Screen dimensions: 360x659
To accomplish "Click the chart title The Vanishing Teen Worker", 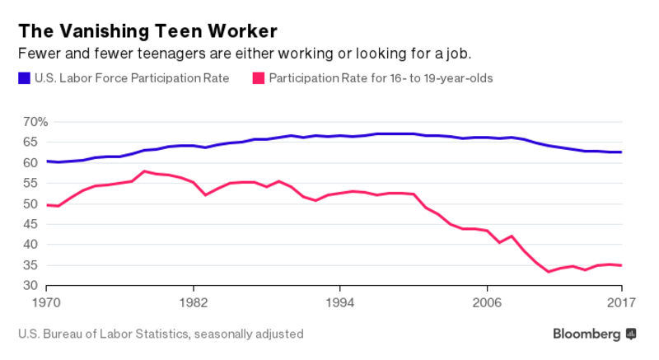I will point(148,31).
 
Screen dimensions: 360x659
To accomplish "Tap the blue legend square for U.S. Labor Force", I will point(24,79).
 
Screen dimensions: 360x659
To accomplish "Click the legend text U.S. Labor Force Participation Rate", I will point(132,79).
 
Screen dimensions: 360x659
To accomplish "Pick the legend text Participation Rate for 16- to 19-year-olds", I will point(381,79).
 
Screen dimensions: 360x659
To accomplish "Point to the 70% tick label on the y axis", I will point(36,121).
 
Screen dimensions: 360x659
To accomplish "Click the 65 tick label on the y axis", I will point(30,142).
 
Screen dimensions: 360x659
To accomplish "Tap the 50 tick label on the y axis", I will point(30,203).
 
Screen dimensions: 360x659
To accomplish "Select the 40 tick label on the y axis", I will point(30,245).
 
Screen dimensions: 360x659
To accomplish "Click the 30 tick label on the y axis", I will point(30,285).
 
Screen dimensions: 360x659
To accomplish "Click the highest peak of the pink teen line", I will point(144,171).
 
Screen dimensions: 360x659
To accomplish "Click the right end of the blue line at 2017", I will point(620,152).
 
